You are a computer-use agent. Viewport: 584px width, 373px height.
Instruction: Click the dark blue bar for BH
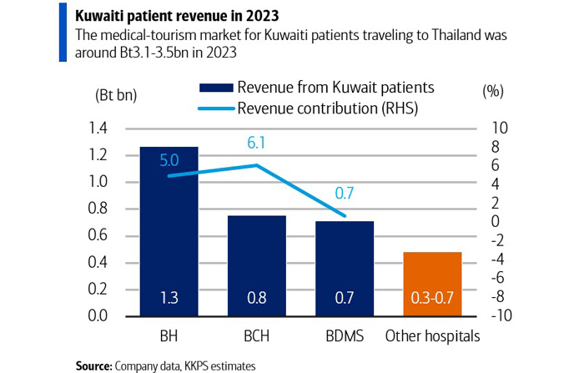[x=169, y=242]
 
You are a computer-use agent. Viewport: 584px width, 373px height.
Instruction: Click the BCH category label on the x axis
[x=258, y=337]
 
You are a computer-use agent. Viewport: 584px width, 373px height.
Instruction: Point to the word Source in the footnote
[x=93, y=365]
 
